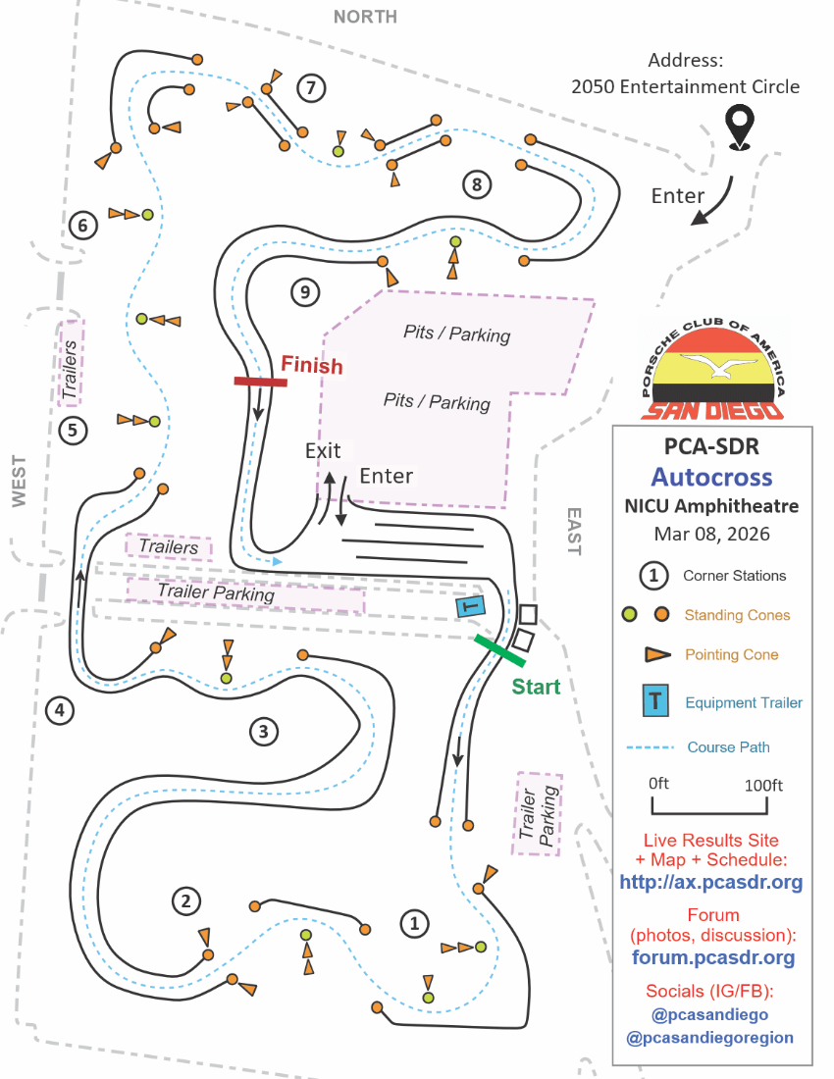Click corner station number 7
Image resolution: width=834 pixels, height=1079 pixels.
tap(310, 88)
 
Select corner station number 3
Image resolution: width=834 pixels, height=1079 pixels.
tap(263, 731)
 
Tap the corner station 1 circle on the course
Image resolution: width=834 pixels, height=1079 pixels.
tap(414, 923)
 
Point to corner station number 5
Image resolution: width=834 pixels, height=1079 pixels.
tap(73, 430)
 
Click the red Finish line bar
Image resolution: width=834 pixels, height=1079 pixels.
tap(260, 382)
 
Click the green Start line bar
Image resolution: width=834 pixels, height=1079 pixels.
tap(499, 649)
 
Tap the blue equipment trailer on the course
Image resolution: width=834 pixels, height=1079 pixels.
tap(471, 607)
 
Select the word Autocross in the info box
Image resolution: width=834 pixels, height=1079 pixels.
tap(712, 478)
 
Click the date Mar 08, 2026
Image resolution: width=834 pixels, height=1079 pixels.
tap(712, 535)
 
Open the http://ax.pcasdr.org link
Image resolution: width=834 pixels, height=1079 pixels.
tap(711, 882)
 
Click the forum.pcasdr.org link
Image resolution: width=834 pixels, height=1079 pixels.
tap(713, 957)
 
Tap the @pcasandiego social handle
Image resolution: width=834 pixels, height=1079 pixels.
tap(711, 1014)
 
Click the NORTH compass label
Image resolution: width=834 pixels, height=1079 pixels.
tap(365, 17)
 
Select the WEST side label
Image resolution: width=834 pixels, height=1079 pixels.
tap(20, 481)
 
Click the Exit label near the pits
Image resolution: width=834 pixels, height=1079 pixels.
tap(323, 451)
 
